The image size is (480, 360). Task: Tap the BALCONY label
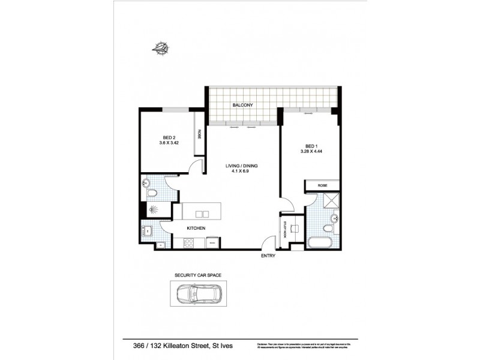[243, 106]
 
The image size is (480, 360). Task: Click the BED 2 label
[169, 137]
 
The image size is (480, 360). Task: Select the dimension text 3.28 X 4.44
[310, 151]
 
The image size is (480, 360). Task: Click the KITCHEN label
[196, 229]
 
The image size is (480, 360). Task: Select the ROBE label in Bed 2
[197, 135]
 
